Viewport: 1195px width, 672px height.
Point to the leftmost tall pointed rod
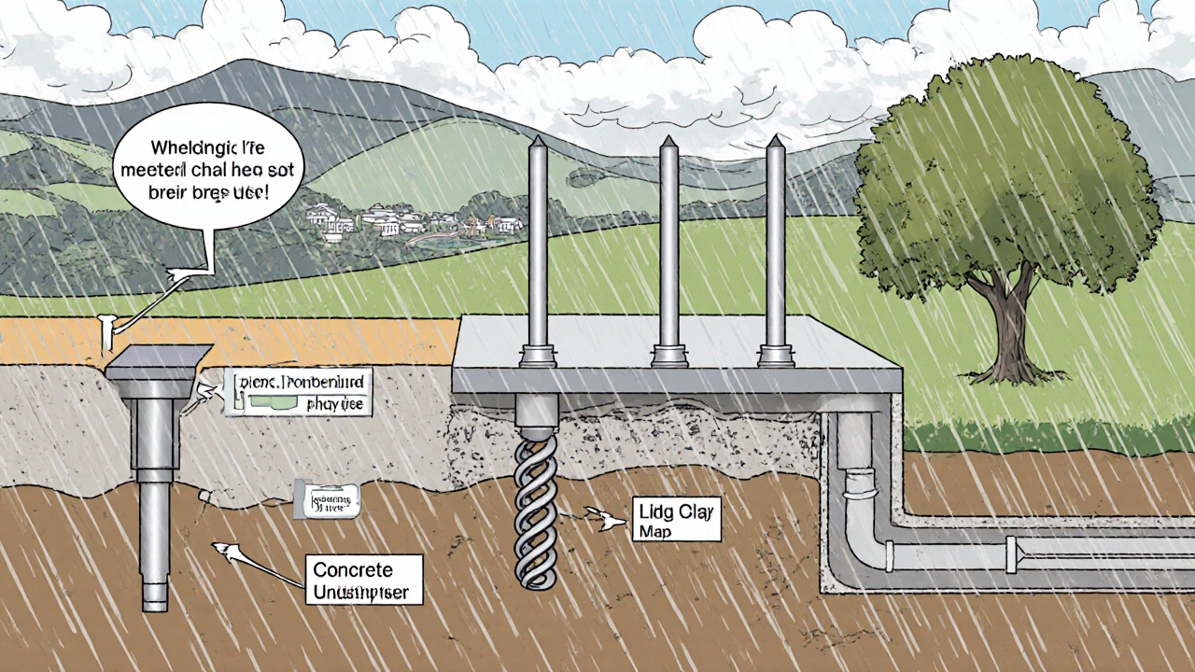click(538, 243)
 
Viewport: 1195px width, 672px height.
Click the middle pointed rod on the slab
click(668, 243)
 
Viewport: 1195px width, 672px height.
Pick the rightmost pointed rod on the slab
click(775, 243)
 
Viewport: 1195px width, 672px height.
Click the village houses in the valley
click(411, 222)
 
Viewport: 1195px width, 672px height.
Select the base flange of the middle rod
click(668, 355)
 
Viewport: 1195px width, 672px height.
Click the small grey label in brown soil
click(327, 500)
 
